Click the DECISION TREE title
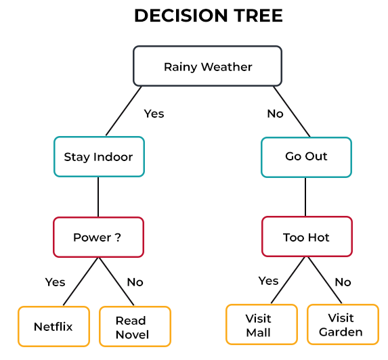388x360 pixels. coord(207,16)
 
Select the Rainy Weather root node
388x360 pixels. coord(207,66)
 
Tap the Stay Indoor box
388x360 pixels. coord(98,157)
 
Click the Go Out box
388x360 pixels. coord(306,156)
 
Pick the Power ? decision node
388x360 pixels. coord(98,238)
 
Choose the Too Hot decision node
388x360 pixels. coord(306,238)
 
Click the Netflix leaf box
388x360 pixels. coord(53,327)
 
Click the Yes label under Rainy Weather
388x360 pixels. coord(154,114)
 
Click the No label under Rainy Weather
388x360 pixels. coord(275,114)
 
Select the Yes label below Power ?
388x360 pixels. coord(55,282)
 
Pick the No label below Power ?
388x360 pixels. coord(135,282)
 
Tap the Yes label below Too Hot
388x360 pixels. coord(268,280)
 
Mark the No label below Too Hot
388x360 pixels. coord(343,282)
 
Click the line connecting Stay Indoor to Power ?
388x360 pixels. coord(98,197)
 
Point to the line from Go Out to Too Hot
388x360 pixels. coord(306,196)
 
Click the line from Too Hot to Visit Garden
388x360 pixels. coord(325,281)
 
